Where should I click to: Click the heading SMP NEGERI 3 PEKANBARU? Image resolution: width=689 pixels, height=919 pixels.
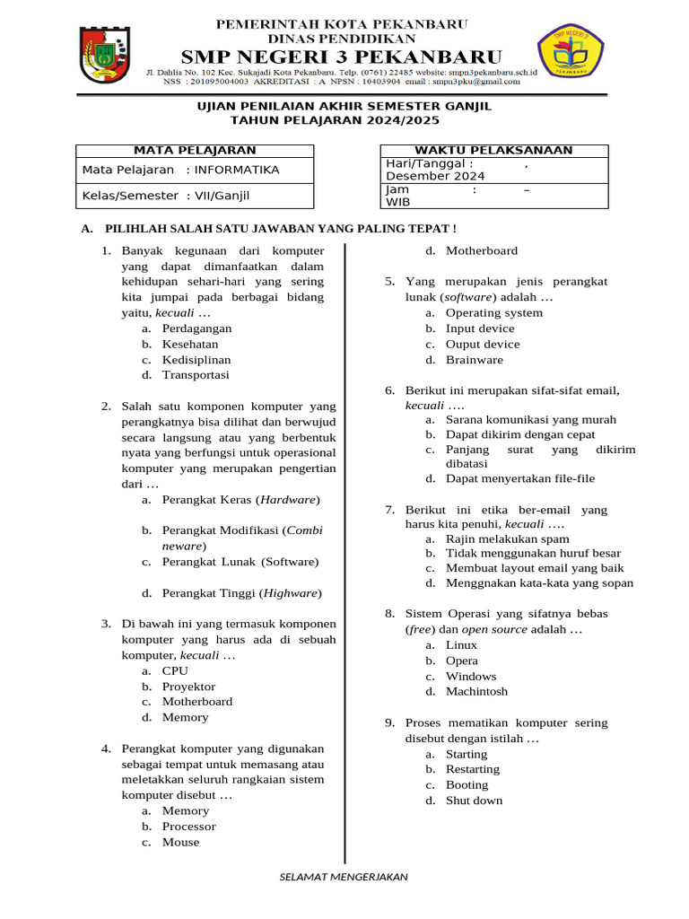tap(344, 55)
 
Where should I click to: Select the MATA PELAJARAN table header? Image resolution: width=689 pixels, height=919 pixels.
tap(195, 150)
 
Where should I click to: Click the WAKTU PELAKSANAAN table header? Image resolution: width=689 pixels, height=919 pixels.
tap(493, 150)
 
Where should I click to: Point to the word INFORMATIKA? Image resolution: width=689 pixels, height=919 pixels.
tap(237, 170)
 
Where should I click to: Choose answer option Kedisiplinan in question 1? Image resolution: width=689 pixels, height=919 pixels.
tap(196, 359)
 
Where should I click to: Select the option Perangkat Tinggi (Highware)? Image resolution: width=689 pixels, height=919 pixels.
tap(241, 592)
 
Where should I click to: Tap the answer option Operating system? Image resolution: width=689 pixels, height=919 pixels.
tap(493, 312)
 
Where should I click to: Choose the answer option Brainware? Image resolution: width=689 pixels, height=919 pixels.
tap(475, 359)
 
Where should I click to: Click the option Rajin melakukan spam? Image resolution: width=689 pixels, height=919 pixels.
tap(507, 538)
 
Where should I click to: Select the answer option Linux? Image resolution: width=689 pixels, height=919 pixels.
tap(461, 644)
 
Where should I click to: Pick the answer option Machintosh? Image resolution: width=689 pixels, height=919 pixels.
tap(476, 691)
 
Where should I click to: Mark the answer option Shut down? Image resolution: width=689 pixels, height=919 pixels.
tap(474, 800)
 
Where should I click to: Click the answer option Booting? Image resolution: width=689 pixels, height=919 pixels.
tap(467, 784)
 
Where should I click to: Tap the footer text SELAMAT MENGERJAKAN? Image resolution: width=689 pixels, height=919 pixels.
tap(344, 876)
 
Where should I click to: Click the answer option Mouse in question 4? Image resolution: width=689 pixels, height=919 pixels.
tap(180, 842)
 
